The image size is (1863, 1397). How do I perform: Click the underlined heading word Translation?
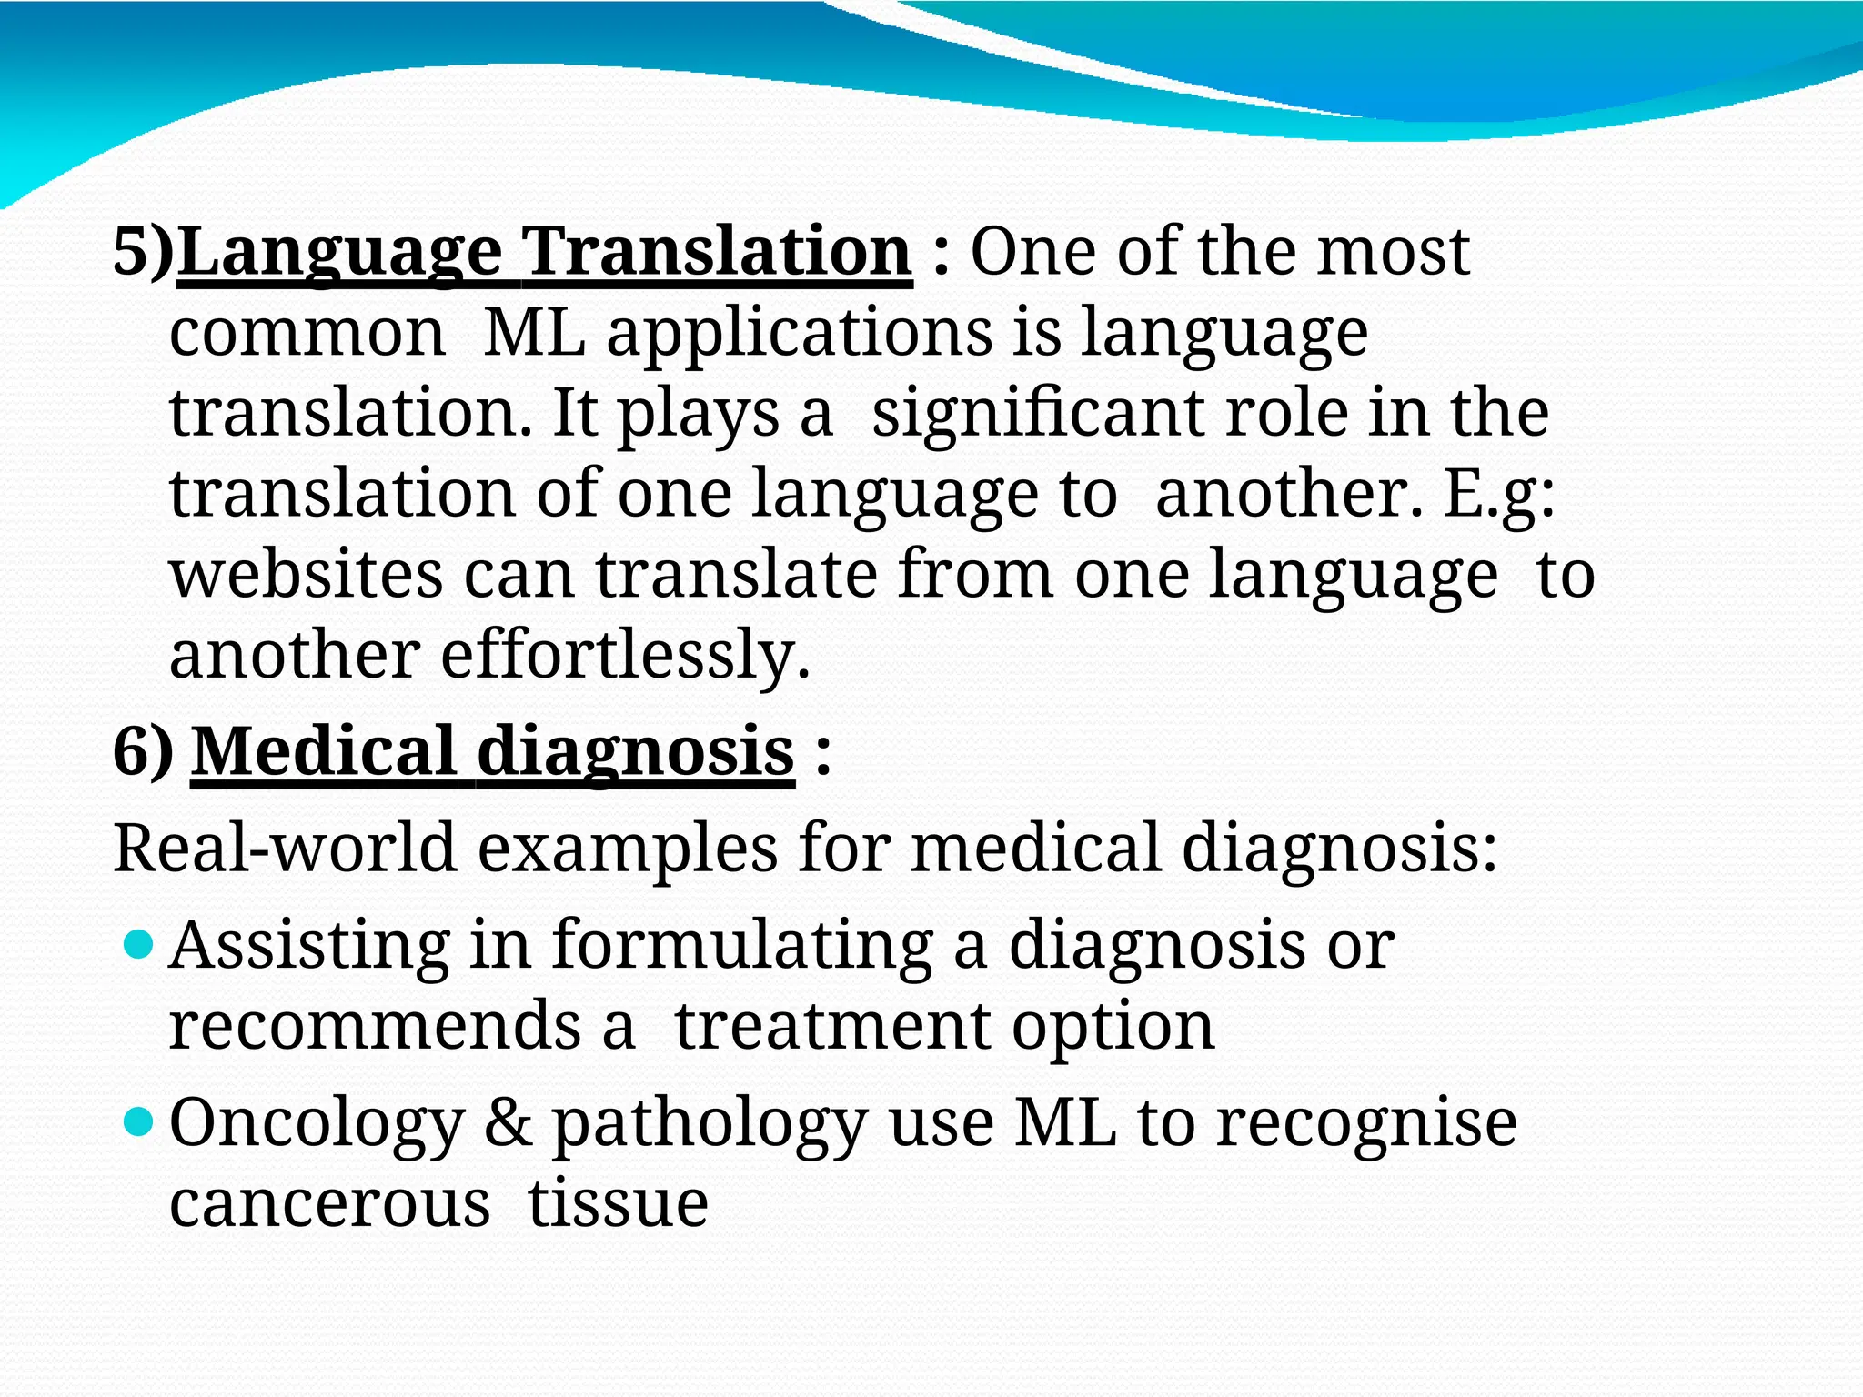tap(719, 252)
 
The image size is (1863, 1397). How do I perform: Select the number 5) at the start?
tap(143, 252)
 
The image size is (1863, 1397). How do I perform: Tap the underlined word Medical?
tap(323, 752)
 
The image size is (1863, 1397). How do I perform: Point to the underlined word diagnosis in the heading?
tap(636, 752)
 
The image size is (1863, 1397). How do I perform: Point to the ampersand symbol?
tap(508, 1122)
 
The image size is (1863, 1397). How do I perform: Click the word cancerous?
tap(329, 1204)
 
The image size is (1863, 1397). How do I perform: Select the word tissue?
tap(618, 1202)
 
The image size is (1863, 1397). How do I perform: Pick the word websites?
tap(307, 575)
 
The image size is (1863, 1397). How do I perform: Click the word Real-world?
tap(285, 848)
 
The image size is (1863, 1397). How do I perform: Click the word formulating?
tap(742, 946)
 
